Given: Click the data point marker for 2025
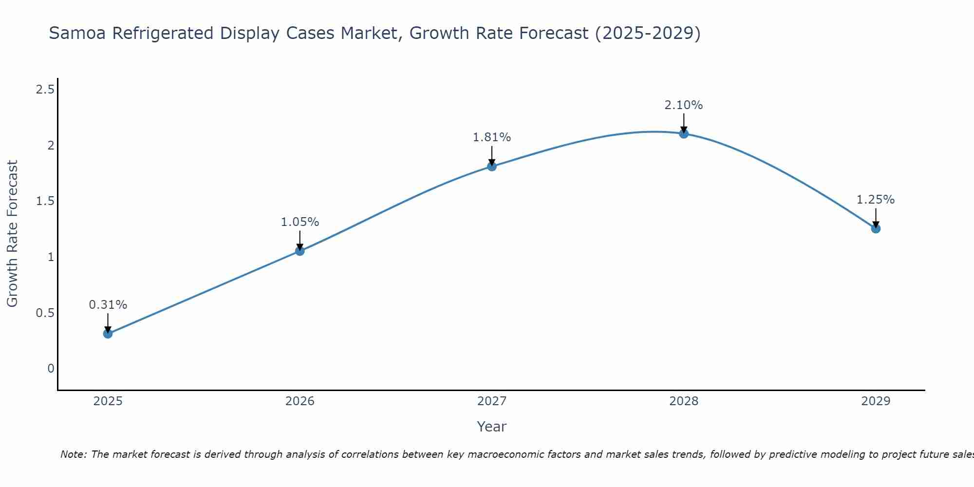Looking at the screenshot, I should tap(108, 334).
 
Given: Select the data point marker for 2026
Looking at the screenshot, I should tap(300, 251).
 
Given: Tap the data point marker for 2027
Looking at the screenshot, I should tap(492, 166).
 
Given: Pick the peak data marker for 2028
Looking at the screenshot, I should tap(684, 133).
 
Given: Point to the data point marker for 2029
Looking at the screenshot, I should tap(876, 228).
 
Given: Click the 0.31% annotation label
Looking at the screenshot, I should tap(108, 305).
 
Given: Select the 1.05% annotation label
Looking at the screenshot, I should tap(300, 222).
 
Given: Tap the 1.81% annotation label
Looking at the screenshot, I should tap(492, 137).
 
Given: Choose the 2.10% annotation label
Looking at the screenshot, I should tap(684, 105).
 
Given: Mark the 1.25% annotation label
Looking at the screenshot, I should tap(876, 200).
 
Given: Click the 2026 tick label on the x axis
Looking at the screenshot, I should tap(300, 401).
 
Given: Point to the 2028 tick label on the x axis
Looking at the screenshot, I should tap(684, 401).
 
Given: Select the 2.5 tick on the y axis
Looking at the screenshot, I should tap(45, 90).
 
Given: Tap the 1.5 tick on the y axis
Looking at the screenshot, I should tap(45, 201).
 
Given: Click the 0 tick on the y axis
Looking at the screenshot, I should tap(51, 369).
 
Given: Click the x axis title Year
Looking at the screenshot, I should tap(492, 427).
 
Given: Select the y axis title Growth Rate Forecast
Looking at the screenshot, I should tap(12, 234).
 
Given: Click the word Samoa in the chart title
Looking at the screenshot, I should tap(78, 34).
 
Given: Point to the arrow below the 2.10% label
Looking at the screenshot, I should tap(684, 123).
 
